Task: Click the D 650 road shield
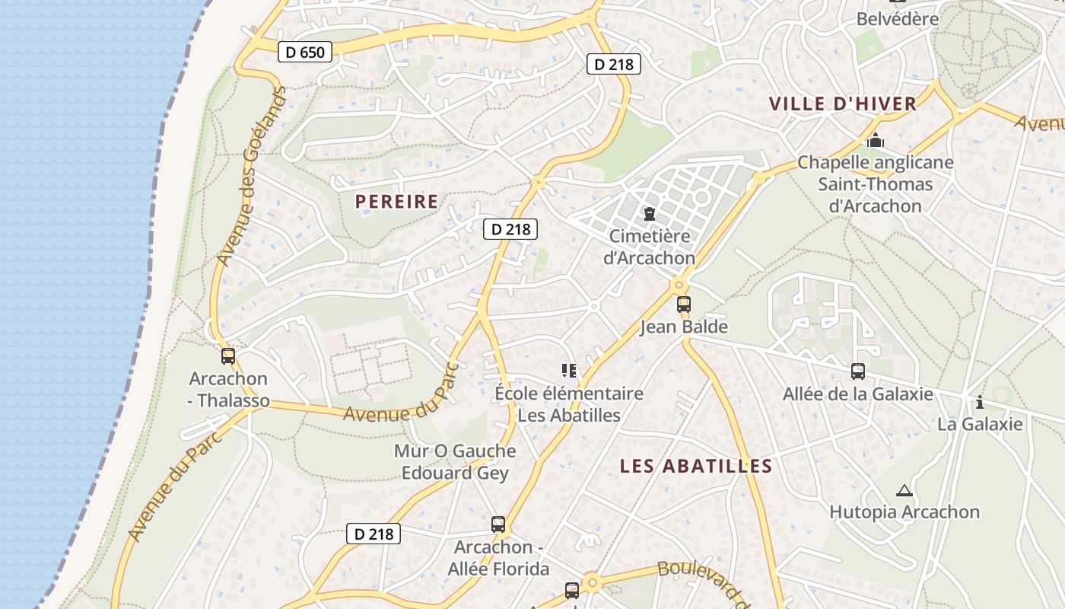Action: [305, 52]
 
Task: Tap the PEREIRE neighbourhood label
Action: [397, 202]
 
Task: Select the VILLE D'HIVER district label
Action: [843, 104]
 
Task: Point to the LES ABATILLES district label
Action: [696, 466]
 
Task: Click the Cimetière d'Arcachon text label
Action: [650, 247]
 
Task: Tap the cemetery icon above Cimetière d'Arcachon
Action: [650, 215]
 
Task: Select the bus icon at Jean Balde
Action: [684, 304]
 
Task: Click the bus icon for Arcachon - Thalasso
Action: [228, 356]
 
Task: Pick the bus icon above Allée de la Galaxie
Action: [858, 371]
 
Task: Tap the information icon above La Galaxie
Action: [980, 402]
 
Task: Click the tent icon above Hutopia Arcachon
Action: [904, 490]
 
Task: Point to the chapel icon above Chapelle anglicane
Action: [876, 141]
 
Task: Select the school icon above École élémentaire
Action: [568, 371]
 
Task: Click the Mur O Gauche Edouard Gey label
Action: [455, 461]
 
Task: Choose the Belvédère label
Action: [898, 19]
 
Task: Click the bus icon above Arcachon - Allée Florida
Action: [498, 524]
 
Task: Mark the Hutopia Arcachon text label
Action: [904, 512]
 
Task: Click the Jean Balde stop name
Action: [684, 327]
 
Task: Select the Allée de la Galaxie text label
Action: [858, 394]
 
